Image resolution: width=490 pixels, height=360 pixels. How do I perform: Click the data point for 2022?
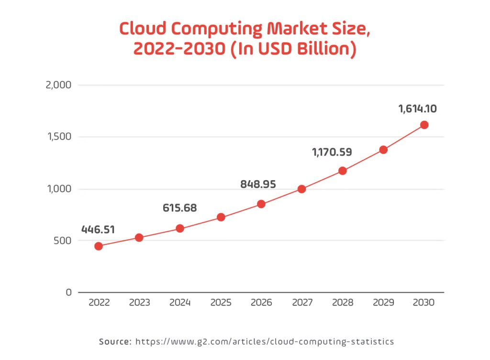click(99, 246)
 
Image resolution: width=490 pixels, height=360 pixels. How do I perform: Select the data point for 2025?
click(221, 217)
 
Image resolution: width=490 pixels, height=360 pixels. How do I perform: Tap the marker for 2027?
click(301, 189)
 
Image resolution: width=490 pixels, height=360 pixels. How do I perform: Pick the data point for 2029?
click(383, 150)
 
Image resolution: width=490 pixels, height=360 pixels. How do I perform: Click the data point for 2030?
click(424, 125)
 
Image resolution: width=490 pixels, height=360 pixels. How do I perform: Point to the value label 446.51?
click(98, 229)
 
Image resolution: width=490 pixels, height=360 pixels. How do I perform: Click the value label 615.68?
click(179, 208)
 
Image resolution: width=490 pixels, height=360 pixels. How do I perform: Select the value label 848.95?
click(258, 184)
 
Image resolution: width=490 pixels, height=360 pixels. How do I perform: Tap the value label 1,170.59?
click(332, 153)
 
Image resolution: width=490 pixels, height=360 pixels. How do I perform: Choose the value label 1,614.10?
click(417, 109)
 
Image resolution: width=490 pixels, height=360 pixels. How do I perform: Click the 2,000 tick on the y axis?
click(58, 85)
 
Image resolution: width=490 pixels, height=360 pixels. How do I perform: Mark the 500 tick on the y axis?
click(62, 240)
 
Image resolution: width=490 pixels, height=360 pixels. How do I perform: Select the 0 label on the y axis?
click(68, 292)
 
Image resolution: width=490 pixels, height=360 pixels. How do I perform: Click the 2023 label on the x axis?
click(139, 303)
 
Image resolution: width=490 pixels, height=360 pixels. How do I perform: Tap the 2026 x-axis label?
click(261, 303)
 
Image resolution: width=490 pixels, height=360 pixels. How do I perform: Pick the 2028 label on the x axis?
click(343, 303)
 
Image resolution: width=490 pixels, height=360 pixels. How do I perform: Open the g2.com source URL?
click(265, 341)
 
